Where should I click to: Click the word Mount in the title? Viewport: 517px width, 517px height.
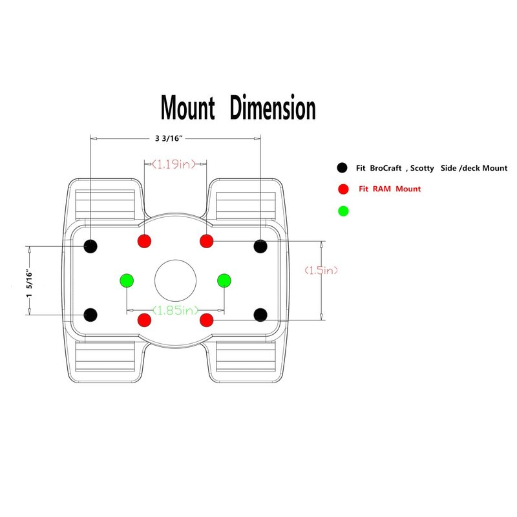[x=187, y=108]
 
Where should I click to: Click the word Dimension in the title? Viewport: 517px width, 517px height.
[x=273, y=108]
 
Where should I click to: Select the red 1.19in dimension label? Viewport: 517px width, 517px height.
[x=174, y=164]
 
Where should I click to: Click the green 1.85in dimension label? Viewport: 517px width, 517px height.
[x=174, y=310]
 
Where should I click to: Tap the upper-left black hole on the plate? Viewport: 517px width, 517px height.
[x=91, y=246]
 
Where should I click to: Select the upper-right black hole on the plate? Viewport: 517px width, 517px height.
[x=260, y=246]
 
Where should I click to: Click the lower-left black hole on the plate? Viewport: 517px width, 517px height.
[x=91, y=315]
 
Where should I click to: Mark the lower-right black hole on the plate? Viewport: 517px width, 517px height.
[x=260, y=315]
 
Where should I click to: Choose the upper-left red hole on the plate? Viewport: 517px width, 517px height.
[x=145, y=241]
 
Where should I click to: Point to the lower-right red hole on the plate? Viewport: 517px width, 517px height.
[x=207, y=319]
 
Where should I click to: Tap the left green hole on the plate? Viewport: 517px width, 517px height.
[x=126, y=280]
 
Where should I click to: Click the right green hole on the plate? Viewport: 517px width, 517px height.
[x=224, y=280]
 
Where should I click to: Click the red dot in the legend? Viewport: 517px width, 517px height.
[x=343, y=189]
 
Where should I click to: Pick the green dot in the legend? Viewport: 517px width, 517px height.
[x=343, y=211]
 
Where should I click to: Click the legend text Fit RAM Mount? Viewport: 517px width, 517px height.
[x=390, y=189]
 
